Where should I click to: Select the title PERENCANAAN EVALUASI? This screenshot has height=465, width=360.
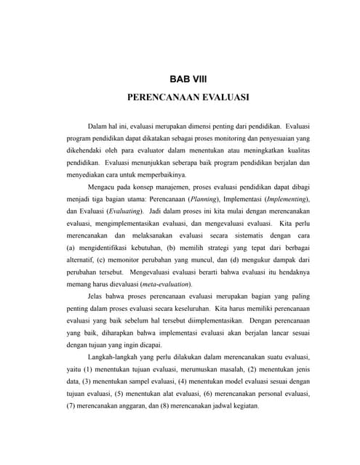(188, 95)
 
